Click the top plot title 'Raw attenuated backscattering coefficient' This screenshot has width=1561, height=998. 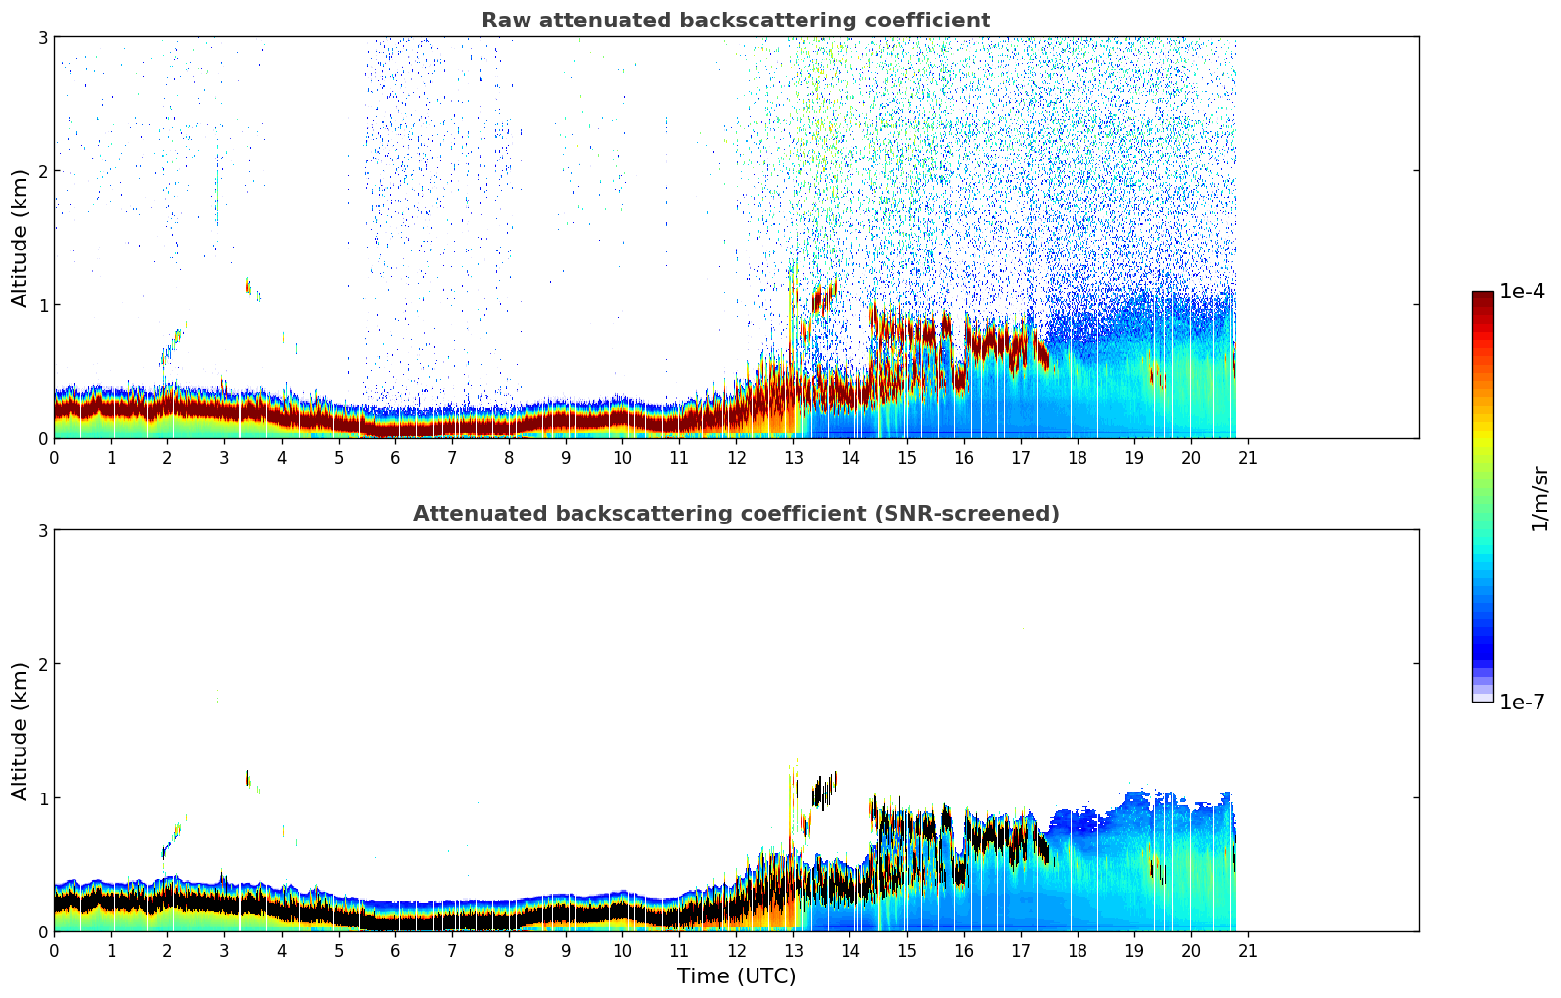coord(735,21)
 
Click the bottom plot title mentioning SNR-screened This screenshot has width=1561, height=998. coord(735,514)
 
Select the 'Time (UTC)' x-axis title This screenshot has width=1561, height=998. coord(736,976)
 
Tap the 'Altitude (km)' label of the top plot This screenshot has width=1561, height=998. coord(21,238)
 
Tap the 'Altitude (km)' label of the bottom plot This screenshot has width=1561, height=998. coord(21,731)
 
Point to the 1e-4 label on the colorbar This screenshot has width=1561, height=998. coord(1522,292)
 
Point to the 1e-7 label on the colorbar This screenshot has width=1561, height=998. coord(1522,703)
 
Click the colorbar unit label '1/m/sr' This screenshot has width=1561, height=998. coord(1539,498)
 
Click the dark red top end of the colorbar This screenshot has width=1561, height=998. coord(1483,296)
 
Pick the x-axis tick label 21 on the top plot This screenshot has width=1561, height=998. coord(1248,457)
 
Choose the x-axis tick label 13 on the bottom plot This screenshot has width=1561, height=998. coord(793,950)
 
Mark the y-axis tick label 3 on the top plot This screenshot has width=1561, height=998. coord(42,38)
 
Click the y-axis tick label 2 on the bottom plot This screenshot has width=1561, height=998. coord(42,664)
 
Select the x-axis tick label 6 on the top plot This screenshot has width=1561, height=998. coord(395,457)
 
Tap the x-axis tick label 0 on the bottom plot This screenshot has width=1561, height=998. coord(54,950)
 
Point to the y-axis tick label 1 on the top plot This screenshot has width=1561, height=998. coord(42,305)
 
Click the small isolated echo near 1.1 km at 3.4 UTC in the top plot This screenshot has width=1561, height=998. coord(247,286)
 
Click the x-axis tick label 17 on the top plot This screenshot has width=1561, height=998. coord(1020,457)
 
